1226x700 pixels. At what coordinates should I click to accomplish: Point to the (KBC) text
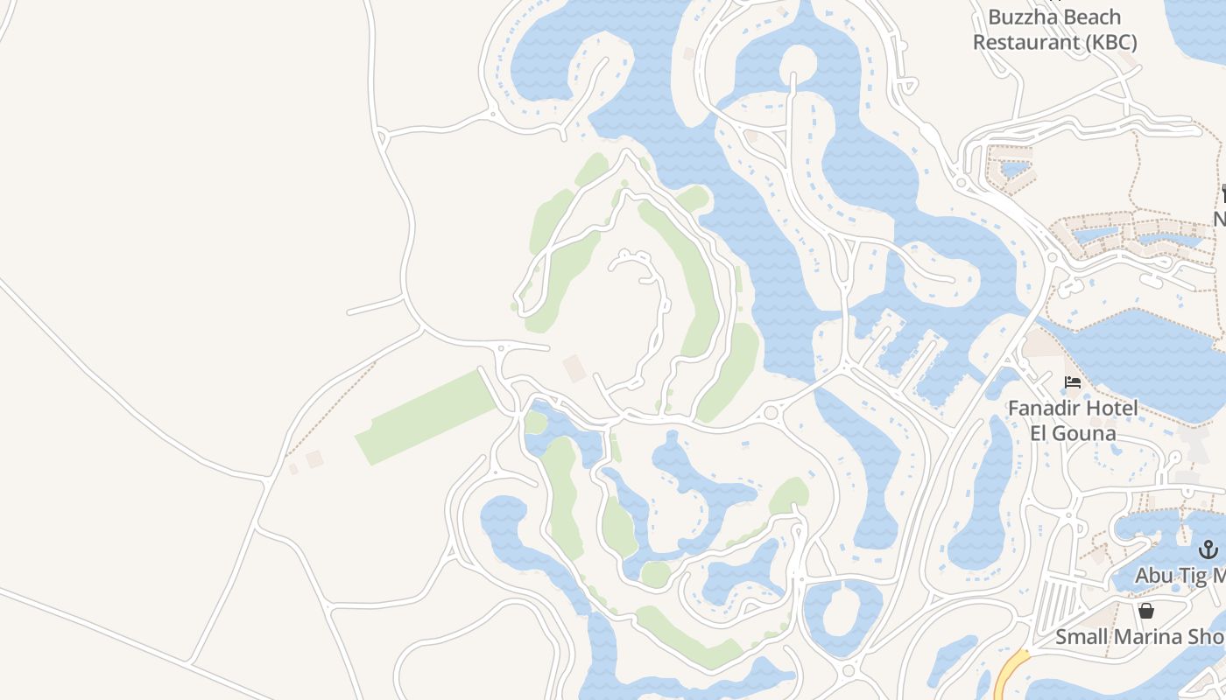1108,42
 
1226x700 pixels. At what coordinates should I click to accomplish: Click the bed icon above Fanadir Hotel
1073,382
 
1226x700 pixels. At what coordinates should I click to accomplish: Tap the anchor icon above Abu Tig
1208,550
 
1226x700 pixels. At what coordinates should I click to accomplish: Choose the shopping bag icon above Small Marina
1146,611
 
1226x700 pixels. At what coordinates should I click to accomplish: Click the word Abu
1153,576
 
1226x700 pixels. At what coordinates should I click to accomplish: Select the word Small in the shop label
1079,637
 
